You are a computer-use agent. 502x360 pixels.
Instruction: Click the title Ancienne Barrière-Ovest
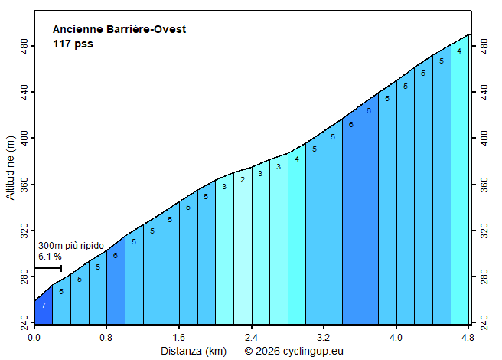pos(119,30)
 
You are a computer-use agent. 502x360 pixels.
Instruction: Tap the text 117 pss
pos(73,44)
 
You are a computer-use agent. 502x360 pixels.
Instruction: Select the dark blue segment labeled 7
pos(44,306)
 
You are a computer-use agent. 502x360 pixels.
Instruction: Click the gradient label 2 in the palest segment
pos(242,180)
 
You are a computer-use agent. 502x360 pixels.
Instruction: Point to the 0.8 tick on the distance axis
pos(106,336)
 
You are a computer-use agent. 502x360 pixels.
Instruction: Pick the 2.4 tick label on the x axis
pos(251,336)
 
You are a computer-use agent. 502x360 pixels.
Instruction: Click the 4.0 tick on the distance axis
pos(396,336)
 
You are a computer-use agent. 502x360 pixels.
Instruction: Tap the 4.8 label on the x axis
pos(468,336)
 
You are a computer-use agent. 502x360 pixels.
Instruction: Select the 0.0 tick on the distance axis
pos(34,336)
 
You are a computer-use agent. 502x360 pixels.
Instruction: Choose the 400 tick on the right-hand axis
pos(482,138)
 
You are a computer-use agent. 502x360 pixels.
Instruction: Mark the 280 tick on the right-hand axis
pos(482,276)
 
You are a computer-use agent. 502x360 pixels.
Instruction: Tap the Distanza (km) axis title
pos(193,351)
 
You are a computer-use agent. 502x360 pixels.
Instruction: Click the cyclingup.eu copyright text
pos(294,351)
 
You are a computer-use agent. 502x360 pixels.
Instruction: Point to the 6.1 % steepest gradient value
pos(50,256)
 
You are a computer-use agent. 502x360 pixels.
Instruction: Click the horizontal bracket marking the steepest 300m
pos(47,268)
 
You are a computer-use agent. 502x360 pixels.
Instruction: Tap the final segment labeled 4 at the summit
pos(459,51)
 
